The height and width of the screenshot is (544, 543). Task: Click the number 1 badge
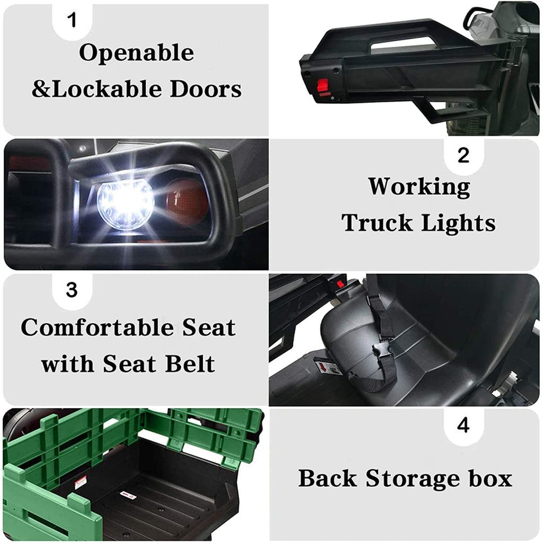click(72, 20)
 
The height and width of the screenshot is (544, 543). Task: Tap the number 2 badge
click(463, 155)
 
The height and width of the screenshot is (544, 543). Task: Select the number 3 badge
click(72, 290)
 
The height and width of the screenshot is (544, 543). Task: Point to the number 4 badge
click(463, 425)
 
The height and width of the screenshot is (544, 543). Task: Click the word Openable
click(136, 53)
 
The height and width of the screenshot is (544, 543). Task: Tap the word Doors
click(206, 89)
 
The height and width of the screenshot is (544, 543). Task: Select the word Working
click(419, 187)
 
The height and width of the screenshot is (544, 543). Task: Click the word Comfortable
click(98, 327)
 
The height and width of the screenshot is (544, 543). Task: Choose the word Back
click(327, 478)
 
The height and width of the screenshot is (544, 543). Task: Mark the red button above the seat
click(340, 284)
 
